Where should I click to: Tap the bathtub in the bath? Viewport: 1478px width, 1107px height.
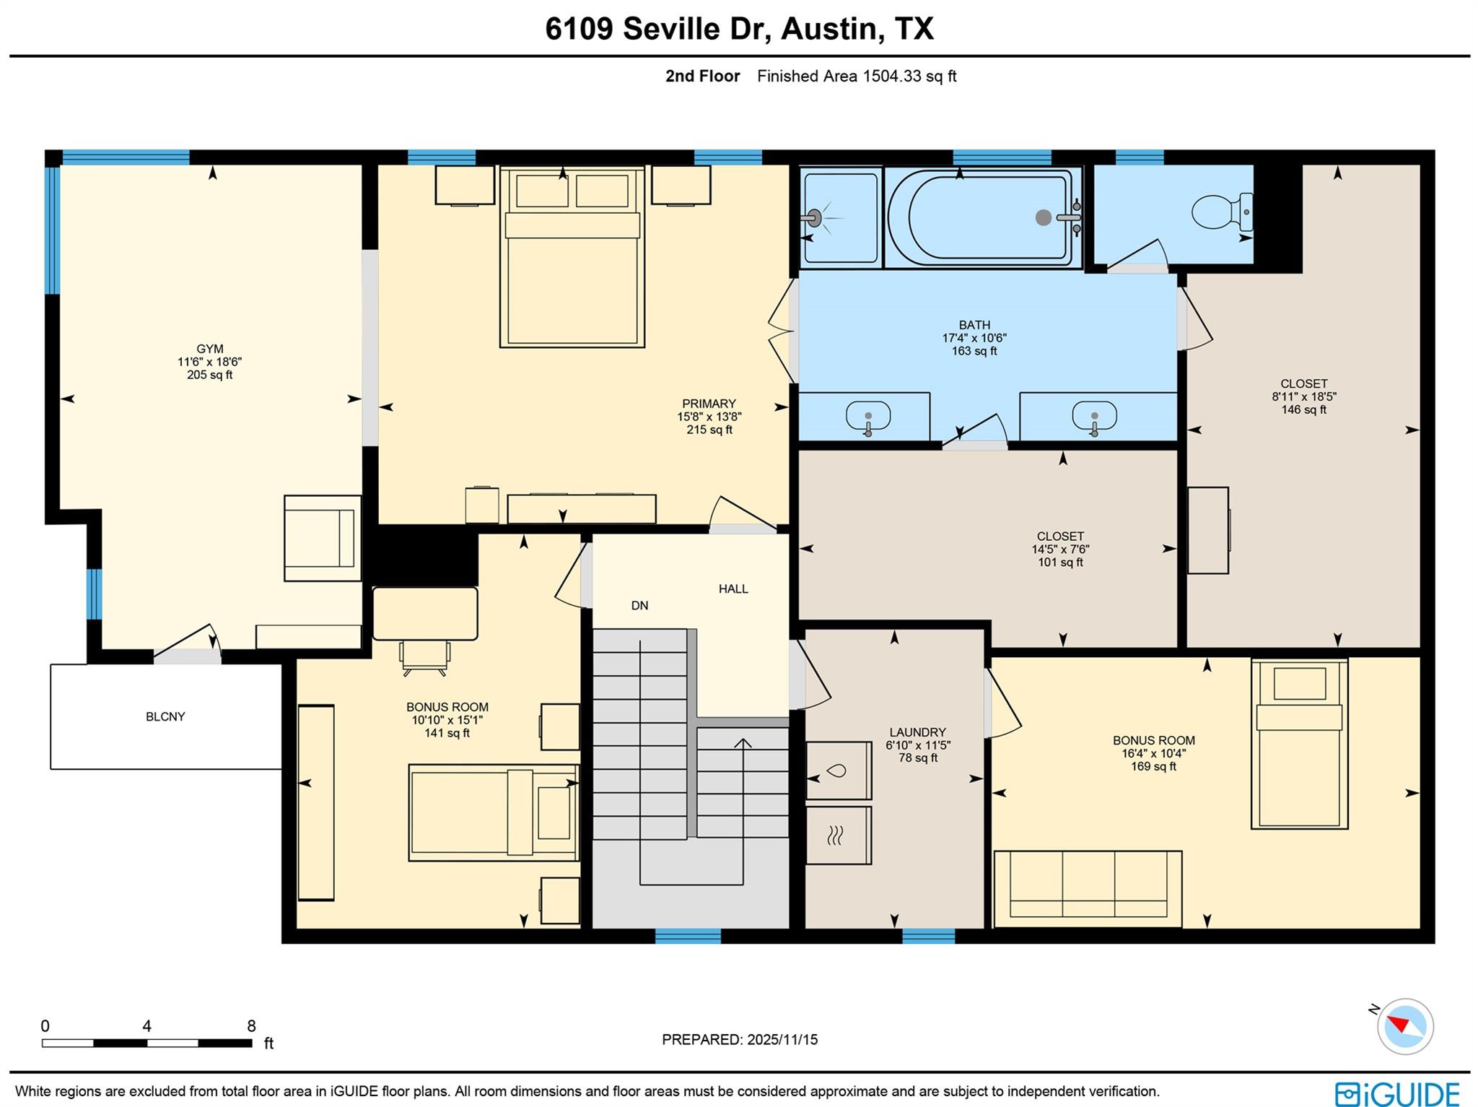click(981, 217)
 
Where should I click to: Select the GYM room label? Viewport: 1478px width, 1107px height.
click(210, 349)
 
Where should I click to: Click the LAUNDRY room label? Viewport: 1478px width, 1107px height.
click(917, 732)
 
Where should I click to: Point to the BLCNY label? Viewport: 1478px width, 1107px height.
click(165, 716)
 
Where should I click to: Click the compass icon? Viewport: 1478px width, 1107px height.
click(1404, 1026)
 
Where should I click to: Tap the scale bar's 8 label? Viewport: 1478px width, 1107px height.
click(251, 1026)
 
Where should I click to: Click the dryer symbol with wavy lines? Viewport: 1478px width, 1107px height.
click(837, 835)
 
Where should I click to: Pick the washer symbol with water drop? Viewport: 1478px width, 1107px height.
click(837, 770)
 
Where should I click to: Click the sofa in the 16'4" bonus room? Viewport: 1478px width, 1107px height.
click(1088, 888)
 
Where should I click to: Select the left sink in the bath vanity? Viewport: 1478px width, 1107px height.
click(867, 417)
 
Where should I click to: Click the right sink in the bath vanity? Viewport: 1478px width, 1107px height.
click(1094, 417)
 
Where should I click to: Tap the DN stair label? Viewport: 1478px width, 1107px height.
click(639, 605)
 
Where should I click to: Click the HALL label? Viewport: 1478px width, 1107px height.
click(733, 589)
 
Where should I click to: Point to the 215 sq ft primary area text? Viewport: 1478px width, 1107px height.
click(709, 430)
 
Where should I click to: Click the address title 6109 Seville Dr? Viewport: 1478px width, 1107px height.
click(739, 29)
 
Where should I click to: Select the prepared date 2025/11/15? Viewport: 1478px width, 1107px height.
click(740, 1039)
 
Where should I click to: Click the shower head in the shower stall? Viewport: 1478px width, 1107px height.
click(815, 217)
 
